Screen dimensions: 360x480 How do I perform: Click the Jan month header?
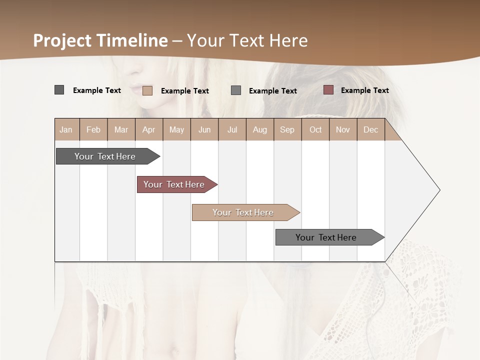66,129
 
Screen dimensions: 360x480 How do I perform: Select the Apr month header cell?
149,129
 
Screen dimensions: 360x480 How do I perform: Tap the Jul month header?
232,129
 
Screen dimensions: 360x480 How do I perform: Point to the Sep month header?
287,129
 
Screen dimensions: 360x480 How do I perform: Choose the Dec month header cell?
371,129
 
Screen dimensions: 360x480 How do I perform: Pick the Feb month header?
93,129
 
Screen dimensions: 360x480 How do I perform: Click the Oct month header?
315,129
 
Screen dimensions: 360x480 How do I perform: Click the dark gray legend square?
59,90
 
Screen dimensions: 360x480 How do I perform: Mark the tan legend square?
147,90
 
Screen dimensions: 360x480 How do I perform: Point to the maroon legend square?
328,90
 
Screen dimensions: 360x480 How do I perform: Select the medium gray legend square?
236,90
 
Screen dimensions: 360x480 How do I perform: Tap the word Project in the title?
62,40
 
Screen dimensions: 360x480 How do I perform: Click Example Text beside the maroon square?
364,90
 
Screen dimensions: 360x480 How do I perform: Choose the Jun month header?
204,129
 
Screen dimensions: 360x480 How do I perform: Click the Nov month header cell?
343,129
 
